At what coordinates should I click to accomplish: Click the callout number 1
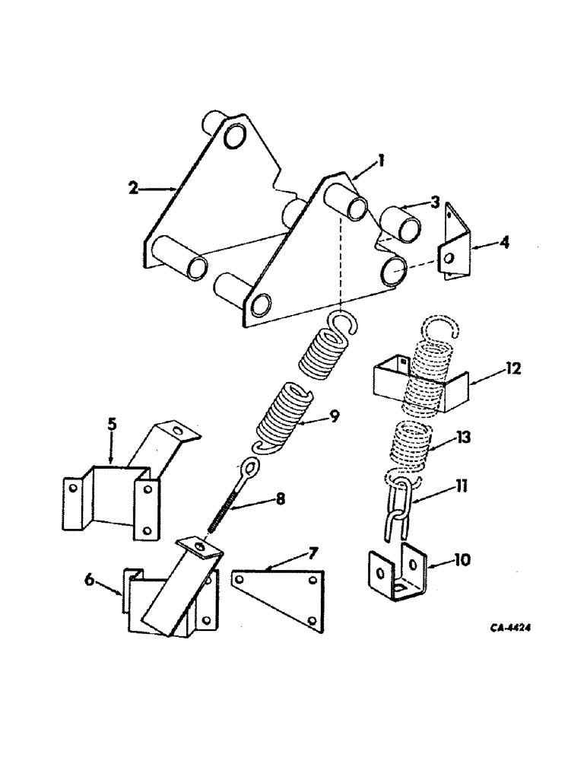tap(381, 161)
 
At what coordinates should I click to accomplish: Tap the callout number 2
tap(134, 187)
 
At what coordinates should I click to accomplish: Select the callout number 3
tap(434, 202)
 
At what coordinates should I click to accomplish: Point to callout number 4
tap(484, 244)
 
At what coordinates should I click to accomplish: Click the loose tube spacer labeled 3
tap(400, 225)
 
